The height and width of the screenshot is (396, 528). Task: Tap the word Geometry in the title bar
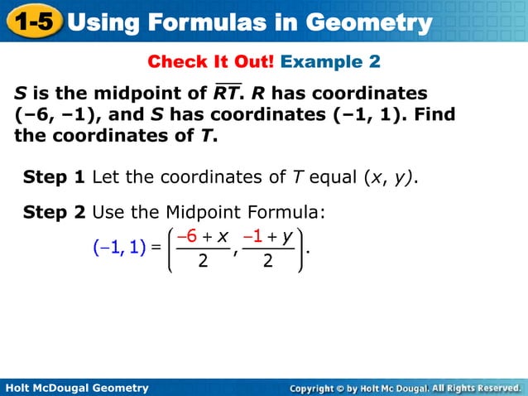click(367, 22)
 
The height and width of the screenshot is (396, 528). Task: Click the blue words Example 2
click(331, 62)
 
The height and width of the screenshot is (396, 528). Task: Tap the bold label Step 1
click(55, 176)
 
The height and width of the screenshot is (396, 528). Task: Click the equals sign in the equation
click(156, 246)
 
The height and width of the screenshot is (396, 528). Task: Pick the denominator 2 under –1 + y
click(267, 262)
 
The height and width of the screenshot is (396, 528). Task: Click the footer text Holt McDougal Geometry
click(77, 388)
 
